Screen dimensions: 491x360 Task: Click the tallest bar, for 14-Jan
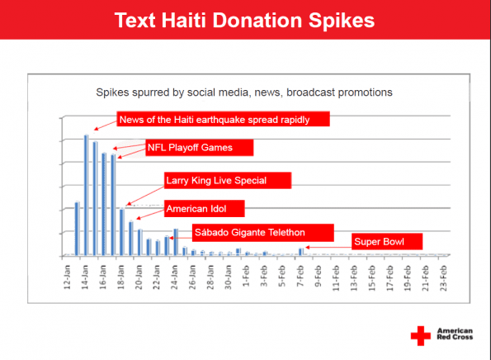86,195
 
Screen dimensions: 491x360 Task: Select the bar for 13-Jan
77,229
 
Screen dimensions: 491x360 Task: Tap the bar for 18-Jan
122,232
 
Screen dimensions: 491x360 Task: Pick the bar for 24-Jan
176,242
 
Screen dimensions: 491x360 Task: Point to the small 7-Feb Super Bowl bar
301,252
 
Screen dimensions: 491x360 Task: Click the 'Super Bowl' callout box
387,242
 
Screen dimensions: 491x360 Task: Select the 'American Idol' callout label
205,209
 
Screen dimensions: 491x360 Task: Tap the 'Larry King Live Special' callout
228,181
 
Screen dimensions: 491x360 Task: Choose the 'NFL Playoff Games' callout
200,148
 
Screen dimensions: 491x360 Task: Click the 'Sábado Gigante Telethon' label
263,233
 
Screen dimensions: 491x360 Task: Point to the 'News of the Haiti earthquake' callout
224,119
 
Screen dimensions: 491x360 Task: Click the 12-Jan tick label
67,277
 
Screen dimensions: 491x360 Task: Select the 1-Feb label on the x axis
246,277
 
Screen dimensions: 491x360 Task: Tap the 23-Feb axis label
443,278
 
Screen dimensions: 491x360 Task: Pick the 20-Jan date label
139,277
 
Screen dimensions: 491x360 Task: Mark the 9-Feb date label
318,277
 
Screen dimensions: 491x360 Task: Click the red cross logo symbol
421,336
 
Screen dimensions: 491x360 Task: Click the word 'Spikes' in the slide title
342,21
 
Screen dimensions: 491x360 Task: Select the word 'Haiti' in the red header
183,20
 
